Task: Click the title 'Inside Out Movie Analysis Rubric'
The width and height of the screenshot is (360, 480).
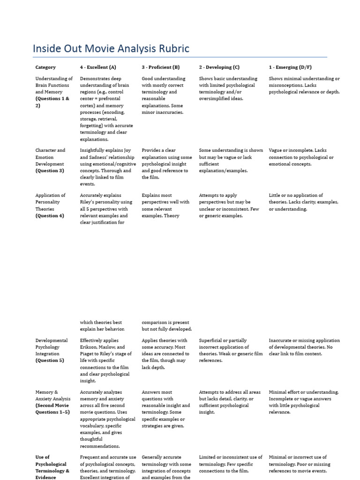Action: coord(111,49)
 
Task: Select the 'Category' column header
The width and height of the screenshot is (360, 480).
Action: coord(45,67)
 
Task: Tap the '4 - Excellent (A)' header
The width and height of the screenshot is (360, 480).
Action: coord(98,67)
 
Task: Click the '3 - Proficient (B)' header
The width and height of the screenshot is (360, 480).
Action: coord(161,67)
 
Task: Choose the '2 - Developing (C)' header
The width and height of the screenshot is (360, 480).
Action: coord(219,67)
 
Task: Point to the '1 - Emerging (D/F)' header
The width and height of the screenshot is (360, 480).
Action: coord(291,67)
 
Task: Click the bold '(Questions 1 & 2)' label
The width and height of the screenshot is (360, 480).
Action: coord(52,102)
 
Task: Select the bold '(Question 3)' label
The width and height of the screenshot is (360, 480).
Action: coord(50,171)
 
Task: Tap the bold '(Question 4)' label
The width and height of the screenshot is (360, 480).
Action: coord(50,216)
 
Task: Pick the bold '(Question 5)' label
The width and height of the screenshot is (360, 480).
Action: coord(50,361)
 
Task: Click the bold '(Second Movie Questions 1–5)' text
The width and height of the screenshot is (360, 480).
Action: coord(52,409)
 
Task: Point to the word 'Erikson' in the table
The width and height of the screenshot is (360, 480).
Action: coord(90,347)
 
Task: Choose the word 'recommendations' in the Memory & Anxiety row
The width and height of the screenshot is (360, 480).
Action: coord(100,446)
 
